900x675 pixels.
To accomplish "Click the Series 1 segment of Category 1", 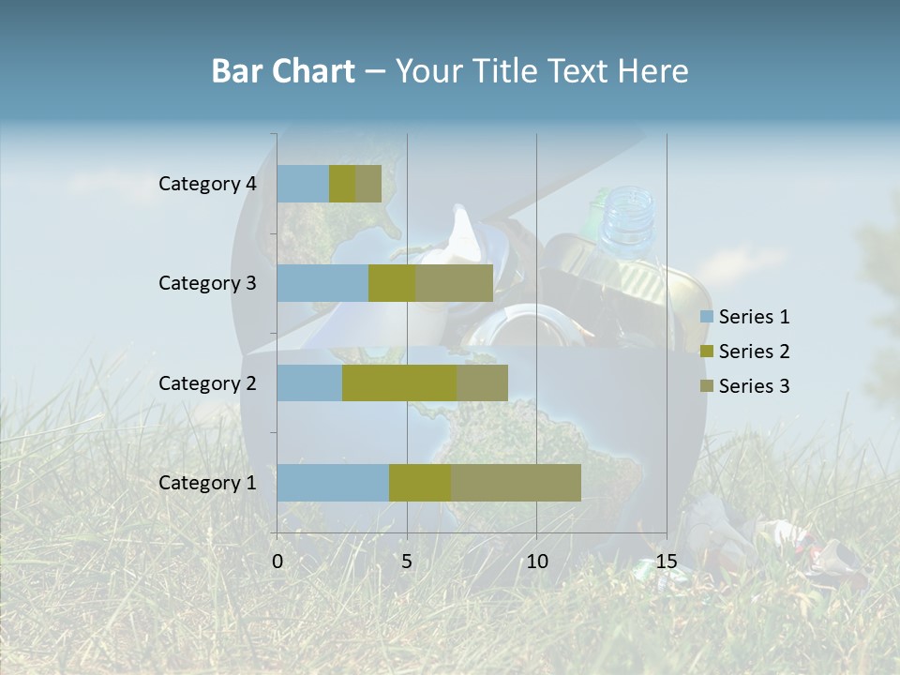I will point(333,482).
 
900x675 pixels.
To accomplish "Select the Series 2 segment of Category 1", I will point(420,482).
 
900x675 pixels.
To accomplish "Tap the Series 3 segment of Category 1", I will point(516,482).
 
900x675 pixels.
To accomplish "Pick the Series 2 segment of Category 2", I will point(399,382).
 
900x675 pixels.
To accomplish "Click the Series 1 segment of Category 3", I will point(322,283).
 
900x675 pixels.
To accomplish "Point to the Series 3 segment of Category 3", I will point(454,283).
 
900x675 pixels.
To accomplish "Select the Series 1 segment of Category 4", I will point(303,184).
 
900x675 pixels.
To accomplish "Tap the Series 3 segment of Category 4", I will point(368,184).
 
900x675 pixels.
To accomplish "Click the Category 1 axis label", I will point(207,483).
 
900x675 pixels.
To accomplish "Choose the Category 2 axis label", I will point(207,383).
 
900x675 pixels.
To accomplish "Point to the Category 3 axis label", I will point(207,283).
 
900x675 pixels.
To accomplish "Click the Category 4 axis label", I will point(207,184).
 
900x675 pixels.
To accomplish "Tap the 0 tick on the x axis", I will point(277,562).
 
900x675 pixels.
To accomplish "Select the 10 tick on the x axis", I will point(536,562).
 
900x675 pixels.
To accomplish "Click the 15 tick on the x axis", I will point(667,562).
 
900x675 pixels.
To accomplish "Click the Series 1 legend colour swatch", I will point(706,317).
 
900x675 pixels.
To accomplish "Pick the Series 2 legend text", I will point(754,352).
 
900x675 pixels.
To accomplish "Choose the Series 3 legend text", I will point(754,386).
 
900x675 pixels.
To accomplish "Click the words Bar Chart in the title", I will point(283,71).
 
